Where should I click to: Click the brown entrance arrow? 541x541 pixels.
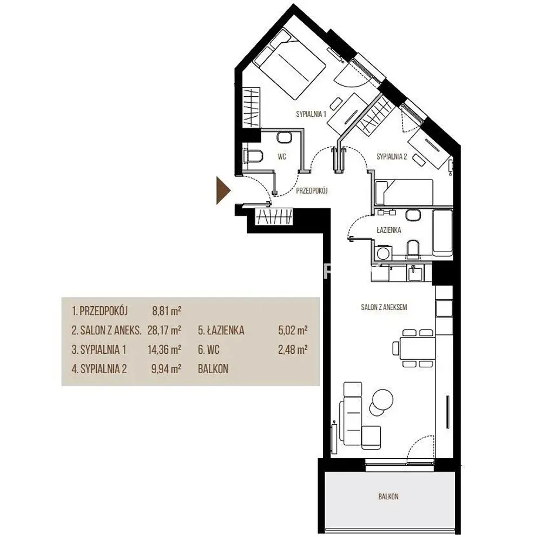tap(223, 190)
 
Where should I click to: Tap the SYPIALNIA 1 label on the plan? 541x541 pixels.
tap(311, 114)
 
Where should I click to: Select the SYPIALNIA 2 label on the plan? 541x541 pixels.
tap(392, 157)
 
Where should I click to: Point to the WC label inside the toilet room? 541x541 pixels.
tap(282, 157)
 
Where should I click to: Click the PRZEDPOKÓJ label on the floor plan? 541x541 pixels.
tap(312, 190)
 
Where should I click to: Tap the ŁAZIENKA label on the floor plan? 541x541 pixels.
tap(389, 230)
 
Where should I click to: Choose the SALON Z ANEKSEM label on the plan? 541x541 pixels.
tap(384, 307)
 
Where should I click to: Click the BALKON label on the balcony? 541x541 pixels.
tap(388, 497)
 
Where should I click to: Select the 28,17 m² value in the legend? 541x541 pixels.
tap(164, 331)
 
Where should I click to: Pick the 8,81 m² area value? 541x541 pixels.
tap(167, 311)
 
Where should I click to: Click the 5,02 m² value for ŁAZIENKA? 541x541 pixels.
tap(293, 331)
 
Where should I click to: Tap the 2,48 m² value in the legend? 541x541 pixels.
tap(293, 350)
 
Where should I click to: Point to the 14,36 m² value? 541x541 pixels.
tap(164, 350)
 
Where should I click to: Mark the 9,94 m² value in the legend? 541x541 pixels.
tap(166, 369)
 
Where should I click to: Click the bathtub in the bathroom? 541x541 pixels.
tap(442, 233)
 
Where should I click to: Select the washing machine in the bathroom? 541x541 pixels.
tap(382, 253)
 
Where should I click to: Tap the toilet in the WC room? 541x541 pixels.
tap(253, 156)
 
